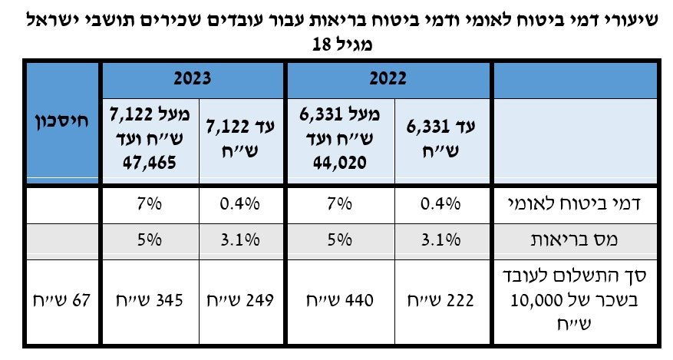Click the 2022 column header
click(388, 78)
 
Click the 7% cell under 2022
click(338, 204)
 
